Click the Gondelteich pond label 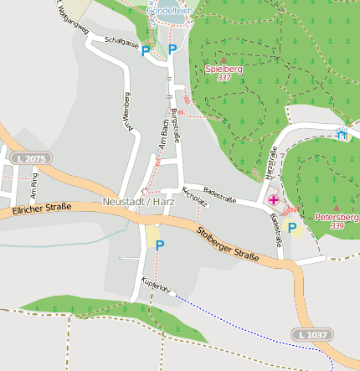(x=169, y=11)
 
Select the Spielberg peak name (x=224, y=69)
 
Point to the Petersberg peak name (x=336, y=216)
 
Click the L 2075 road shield (x=30, y=157)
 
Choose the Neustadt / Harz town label (x=136, y=202)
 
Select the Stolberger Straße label (x=228, y=243)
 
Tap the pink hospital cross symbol (x=274, y=200)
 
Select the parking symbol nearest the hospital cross (x=292, y=227)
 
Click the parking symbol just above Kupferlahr (x=159, y=245)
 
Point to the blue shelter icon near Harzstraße (x=341, y=134)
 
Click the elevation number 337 (x=224, y=78)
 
